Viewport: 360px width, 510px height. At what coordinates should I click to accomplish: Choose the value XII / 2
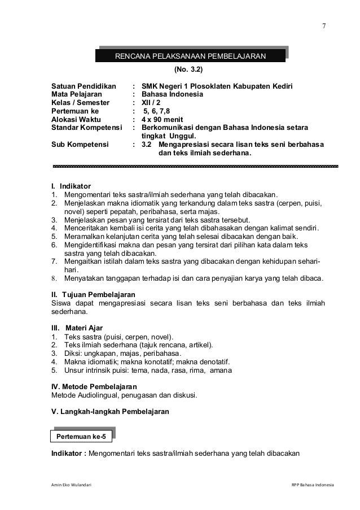click(x=151, y=103)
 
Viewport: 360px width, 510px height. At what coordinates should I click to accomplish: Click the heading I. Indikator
click(x=67, y=186)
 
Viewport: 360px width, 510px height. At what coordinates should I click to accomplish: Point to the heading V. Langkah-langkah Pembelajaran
click(x=110, y=412)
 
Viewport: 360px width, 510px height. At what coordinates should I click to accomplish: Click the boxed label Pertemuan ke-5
click(x=81, y=437)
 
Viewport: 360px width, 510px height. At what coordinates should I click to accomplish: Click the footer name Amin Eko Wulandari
click(x=71, y=485)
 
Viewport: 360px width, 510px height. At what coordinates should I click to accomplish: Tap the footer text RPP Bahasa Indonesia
click(x=309, y=485)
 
